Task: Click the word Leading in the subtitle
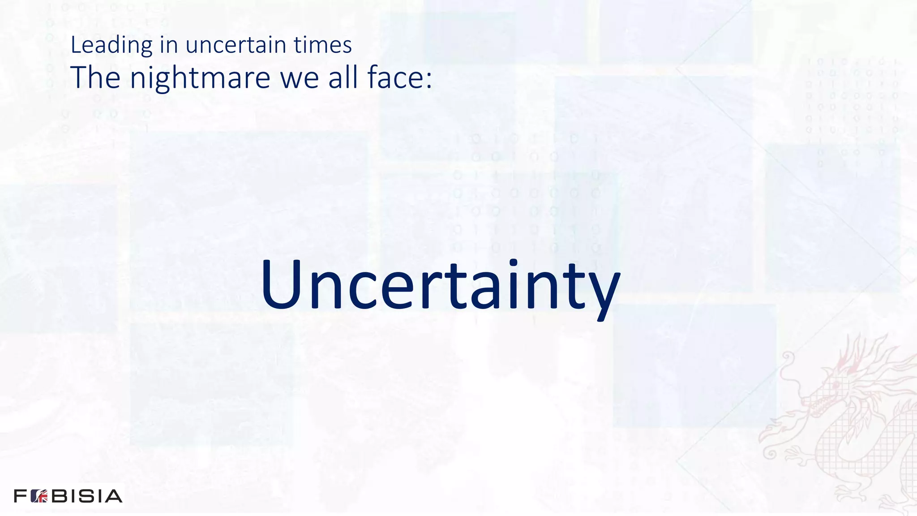click(111, 45)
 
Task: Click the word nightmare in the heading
click(200, 77)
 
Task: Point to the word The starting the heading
click(95, 77)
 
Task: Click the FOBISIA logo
click(68, 496)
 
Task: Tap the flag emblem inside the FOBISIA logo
click(39, 496)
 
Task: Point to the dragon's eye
click(836, 385)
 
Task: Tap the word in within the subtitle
click(169, 45)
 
